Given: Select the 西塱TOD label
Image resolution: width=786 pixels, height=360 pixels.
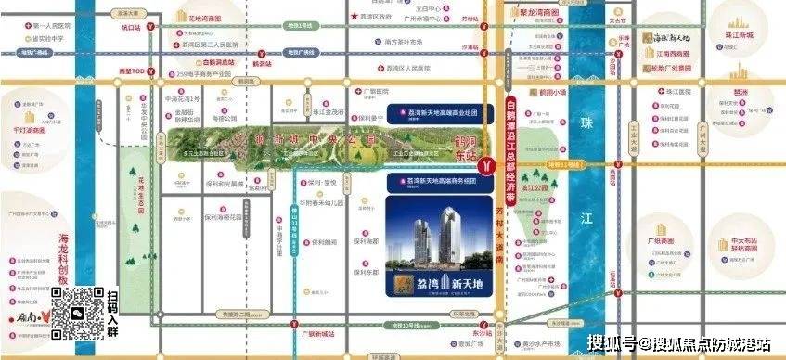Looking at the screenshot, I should [x=127, y=69].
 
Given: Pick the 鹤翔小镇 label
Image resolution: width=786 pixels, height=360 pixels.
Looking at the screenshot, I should [x=550, y=93].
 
